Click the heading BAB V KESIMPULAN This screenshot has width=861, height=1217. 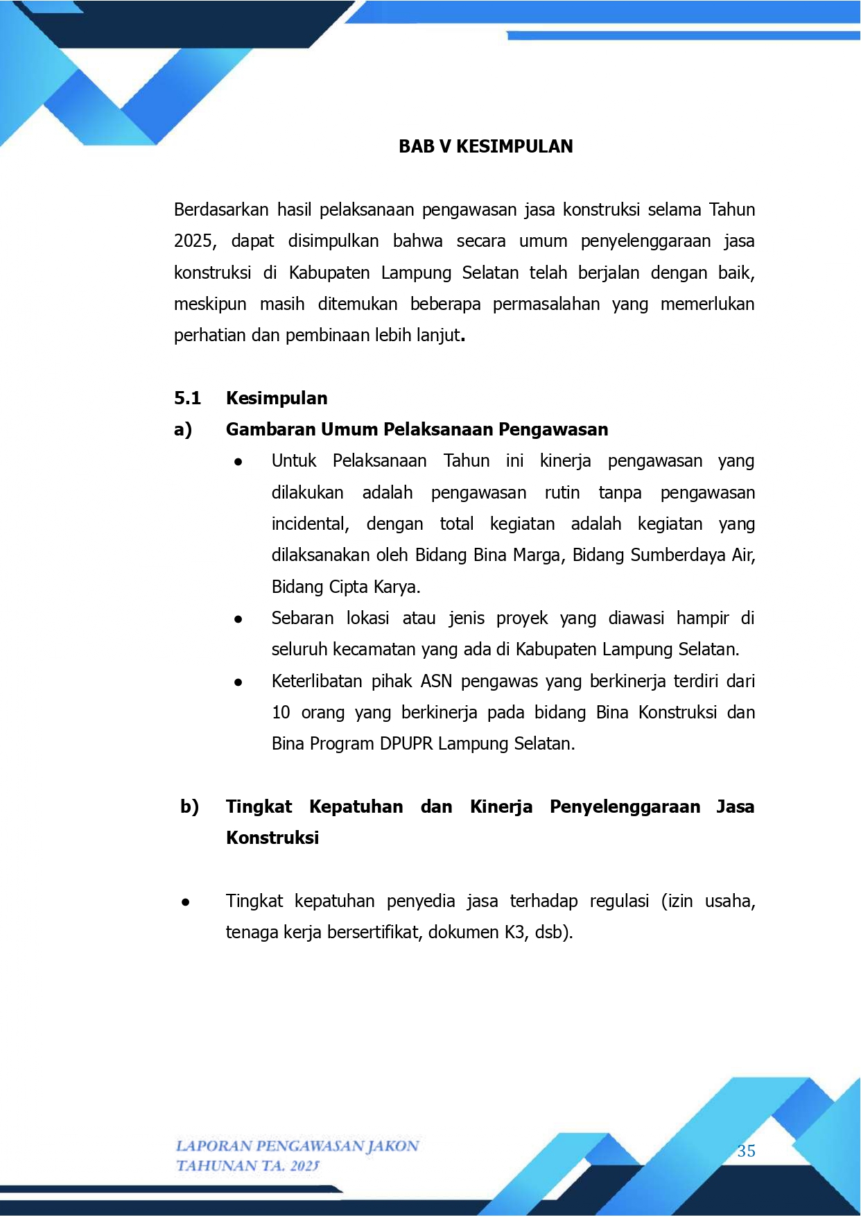pos(485,146)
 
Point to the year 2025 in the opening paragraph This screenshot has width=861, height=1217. pos(194,241)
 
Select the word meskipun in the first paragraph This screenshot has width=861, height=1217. pos(210,304)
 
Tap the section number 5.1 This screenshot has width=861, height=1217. pos(187,399)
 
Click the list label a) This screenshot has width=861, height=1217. pos(183,430)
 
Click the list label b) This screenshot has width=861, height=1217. pos(189,807)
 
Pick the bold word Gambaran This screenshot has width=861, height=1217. pos(271,430)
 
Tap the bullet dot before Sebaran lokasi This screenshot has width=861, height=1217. pos(238,619)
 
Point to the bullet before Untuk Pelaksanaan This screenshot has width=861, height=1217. pos(238,462)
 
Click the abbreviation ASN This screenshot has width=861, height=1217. pos(436,682)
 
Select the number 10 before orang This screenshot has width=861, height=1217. pos(281,713)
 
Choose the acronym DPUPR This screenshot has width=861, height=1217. pos(406,744)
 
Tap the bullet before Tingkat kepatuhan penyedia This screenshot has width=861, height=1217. pos(185,902)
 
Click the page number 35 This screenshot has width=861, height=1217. pos(746,1151)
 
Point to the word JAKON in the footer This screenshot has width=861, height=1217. pos(392,1146)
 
